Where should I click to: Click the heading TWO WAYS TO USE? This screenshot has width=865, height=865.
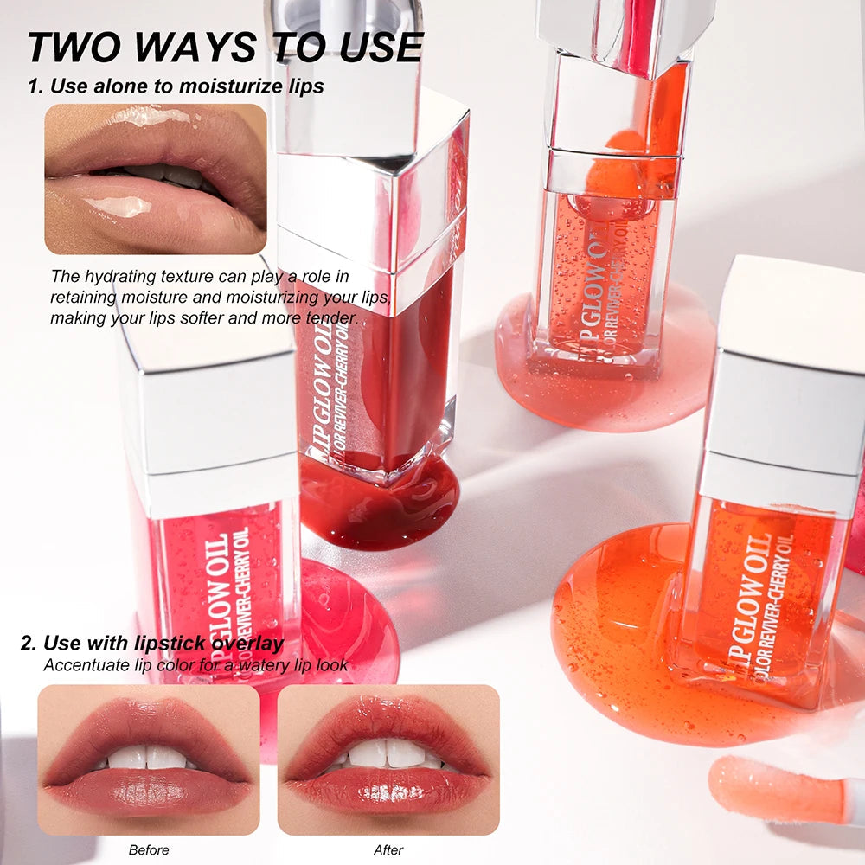pyautogui.click(x=225, y=47)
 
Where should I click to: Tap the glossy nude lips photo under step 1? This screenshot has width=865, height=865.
pyautogui.click(x=156, y=179)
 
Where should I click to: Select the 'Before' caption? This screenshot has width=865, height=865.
pyautogui.click(x=149, y=849)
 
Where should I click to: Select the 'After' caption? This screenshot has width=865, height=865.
pyautogui.click(x=388, y=849)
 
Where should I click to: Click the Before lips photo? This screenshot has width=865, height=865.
pyautogui.click(x=149, y=759)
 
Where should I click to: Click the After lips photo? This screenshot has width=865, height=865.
pyautogui.click(x=388, y=759)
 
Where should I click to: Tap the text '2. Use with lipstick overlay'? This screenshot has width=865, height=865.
pyautogui.click(x=151, y=644)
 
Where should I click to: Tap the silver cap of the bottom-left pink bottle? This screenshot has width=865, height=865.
pyautogui.click(x=208, y=415)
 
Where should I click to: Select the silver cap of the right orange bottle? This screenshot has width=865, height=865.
pyautogui.click(x=787, y=389)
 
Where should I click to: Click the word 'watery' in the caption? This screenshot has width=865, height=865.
pyautogui.click(x=241, y=665)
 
